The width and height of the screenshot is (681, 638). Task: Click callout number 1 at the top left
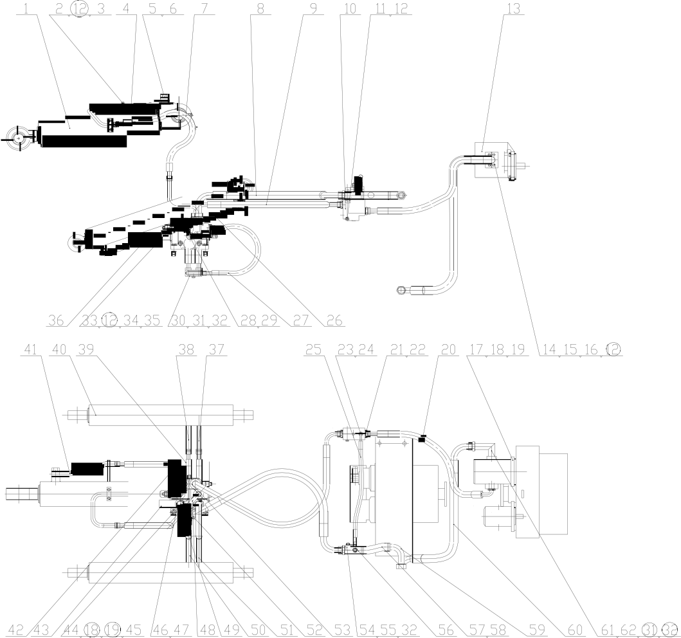click(x=26, y=9)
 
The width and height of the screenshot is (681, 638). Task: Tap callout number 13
click(x=513, y=9)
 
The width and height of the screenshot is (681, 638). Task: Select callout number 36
click(x=56, y=320)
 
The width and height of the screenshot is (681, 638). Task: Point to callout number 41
click(x=30, y=349)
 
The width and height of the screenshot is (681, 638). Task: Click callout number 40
click(x=59, y=349)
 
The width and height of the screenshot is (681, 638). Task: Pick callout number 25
click(x=314, y=349)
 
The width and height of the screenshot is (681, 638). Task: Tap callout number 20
click(x=448, y=349)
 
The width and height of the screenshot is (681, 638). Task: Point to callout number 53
click(x=343, y=630)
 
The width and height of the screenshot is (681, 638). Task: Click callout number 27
click(x=301, y=320)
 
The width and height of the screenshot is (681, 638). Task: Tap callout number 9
click(x=314, y=9)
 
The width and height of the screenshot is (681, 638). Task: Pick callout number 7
click(x=204, y=9)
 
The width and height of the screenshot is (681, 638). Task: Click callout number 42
click(x=16, y=630)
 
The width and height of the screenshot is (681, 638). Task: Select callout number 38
click(x=186, y=349)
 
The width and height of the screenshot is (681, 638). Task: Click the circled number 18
click(x=92, y=630)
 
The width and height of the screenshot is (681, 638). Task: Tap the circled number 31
click(x=649, y=630)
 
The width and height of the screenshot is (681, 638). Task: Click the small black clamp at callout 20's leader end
click(x=421, y=439)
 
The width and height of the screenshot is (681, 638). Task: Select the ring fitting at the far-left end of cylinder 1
click(x=19, y=138)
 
